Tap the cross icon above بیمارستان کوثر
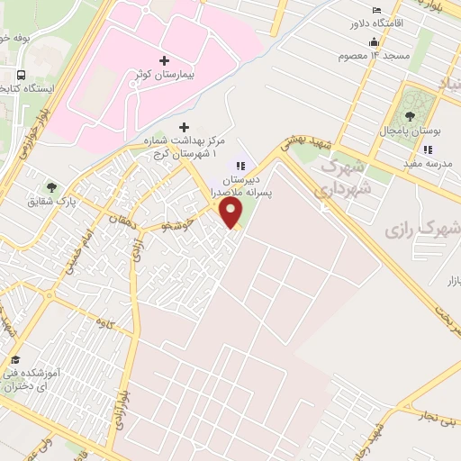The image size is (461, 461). (x=163, y=61)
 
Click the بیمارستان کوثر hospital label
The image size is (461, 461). (x=163, y=77)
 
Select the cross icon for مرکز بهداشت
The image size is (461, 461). (x=185, y=127)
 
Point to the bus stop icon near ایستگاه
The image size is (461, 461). (x=21, y=75)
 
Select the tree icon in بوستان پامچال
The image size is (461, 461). (x=411, y=115)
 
